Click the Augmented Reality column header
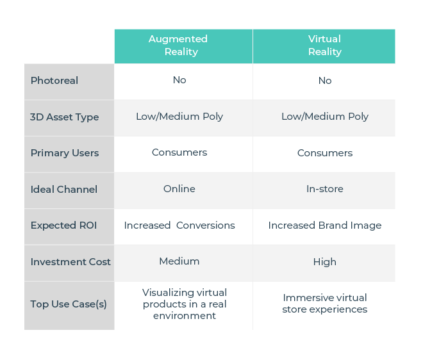point(178,45)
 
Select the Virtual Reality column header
point(325,45)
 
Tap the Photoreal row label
point(54,81)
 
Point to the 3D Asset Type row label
point(65,117)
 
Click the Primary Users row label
point(65,153)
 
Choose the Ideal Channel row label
point(64,190)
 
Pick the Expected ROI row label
point(63,225)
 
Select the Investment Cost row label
point(70,262)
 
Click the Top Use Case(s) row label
point(69,304)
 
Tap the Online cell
point(179,189)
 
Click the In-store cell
point(325,189)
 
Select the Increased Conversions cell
point(179,225)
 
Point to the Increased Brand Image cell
point(325,225)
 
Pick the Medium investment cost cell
point(179,261)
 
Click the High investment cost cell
point(325,262)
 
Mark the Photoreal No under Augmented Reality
point(179,80)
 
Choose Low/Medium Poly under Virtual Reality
point(325,117)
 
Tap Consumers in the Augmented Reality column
point(179,152)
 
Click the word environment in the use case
point(185,316)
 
